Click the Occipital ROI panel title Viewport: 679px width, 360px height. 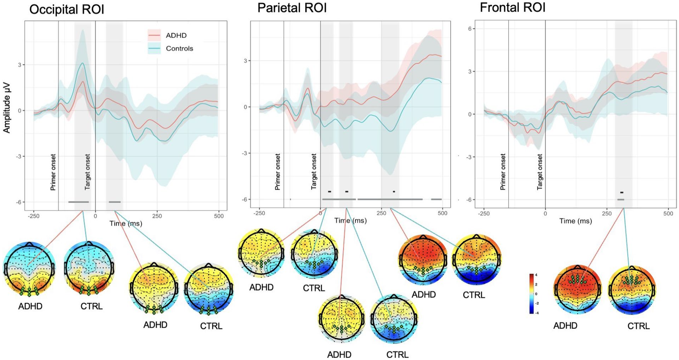(67, 10)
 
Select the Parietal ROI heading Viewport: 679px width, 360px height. (292, 8)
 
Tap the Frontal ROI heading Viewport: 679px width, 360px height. (512, 8)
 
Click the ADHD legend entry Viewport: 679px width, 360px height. (168, 36)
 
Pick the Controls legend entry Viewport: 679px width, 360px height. (171, 49)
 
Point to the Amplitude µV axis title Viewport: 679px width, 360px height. (7, 108)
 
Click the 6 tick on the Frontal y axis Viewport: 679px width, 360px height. (469, 29)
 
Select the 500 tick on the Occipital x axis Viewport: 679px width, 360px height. (219, 216)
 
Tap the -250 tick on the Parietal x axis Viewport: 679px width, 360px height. (259, 213)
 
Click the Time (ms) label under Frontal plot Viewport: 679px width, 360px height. (576, 221)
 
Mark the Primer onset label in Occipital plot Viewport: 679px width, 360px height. (53, 172)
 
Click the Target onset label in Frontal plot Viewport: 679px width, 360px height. (540, 172)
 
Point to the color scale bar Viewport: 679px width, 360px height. (531, 294)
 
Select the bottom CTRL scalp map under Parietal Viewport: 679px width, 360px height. (394, 318)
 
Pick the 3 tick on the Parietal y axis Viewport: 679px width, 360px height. (245, 61)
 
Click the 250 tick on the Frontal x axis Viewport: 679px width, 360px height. (607, 213)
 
